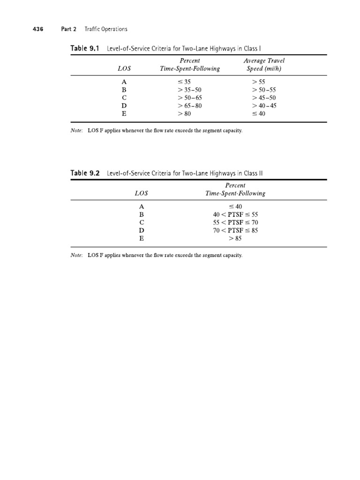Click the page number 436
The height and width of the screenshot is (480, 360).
point(38,29)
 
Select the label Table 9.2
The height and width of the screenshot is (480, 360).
point(85,173)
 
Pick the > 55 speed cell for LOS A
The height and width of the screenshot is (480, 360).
point(259,81)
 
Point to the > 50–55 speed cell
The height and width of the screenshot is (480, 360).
point(264,90)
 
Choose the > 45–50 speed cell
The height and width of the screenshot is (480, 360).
point(264,97)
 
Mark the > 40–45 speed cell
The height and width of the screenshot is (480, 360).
point(264,105)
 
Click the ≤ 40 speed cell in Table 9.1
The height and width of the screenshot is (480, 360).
point(259,113)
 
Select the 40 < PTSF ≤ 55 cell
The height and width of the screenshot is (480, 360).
point(235,214)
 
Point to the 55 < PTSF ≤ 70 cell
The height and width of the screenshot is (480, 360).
point(235,222)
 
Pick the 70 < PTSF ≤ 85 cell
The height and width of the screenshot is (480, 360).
point(235,230)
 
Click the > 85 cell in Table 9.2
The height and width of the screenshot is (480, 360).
point(235,238)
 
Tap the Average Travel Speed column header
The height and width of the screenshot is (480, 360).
point(264,65)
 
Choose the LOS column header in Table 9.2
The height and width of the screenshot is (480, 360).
point(141,193)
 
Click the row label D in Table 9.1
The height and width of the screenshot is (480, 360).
point(124,105)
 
